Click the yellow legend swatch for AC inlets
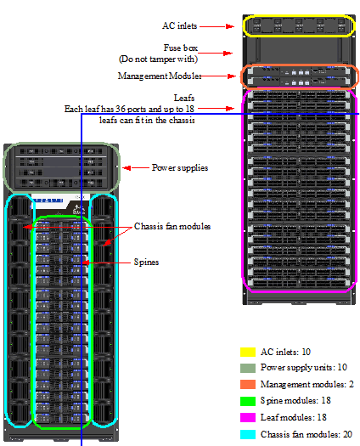pos(248,352)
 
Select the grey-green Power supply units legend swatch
pos(248,368)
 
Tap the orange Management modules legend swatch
pos(248,384)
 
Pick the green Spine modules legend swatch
pos(248,401)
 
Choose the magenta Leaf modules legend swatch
pos(248,417)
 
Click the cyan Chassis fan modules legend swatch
pos(248,434)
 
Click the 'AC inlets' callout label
pos(180,25)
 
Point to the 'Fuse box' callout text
pos(181,48)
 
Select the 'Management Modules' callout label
pos(160,76)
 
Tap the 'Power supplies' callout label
pos(180,167)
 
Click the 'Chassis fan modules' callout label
pos(172,227)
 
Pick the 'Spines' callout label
pos(146,262)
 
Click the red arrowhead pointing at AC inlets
pos(230,26)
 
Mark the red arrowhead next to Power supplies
pos(127,168)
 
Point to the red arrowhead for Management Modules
pos(232,76)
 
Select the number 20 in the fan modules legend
pos(347,434)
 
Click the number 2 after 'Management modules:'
pos(352,384)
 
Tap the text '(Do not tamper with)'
pos(158,59)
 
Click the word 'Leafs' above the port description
pos(184,99)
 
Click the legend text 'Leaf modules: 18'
pos(294,417)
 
